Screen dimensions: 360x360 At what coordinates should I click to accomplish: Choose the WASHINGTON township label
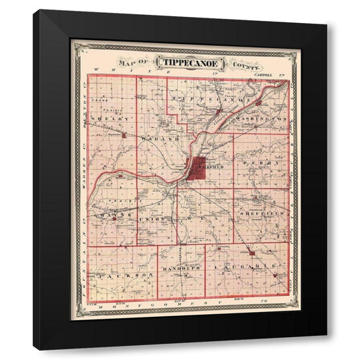(x=265, y=119)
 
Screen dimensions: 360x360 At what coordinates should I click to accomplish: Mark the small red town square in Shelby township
(x=124, y=135)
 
